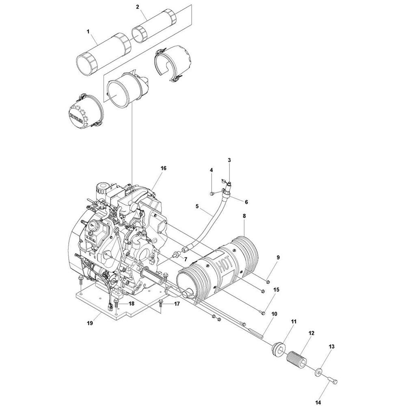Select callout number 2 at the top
click(x=138, y=6)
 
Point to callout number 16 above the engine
click(x=163, y=168)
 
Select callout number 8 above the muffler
click(x=244, y=217)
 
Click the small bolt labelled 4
click(x=212, y=192)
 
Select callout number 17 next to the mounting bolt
click(x=177, y=303)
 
